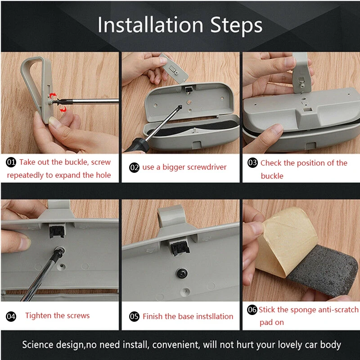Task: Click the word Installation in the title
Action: tap(151, 25)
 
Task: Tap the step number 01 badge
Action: tap(11, 162)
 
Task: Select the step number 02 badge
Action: tap(134, 167)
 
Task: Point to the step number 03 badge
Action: tap(252, 163)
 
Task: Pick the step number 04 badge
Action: tap(11, 316)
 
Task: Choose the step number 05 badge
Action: tap(134, 316)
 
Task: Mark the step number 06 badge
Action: tap(252, 310)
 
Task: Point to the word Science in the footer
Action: tap(38, 345)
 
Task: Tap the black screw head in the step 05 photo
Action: tap(182, 273)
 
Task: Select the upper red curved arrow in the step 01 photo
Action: tap(53, 95)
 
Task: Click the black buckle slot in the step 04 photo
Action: tap(57, 231)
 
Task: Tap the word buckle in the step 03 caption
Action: tap(272, 176)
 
